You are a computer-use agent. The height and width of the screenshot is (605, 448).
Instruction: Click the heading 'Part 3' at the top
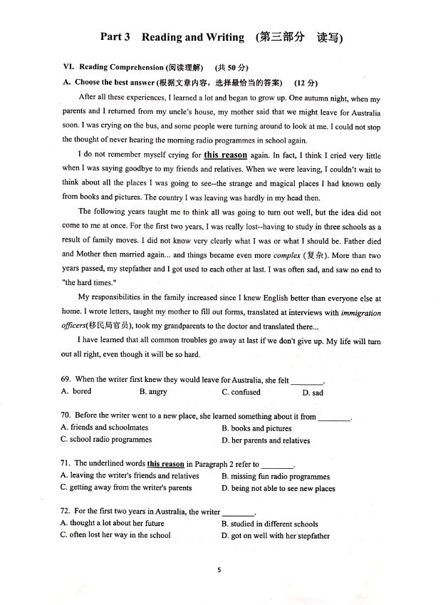coord(115,38)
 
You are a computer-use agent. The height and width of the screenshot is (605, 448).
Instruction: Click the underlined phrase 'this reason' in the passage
coord(225,155)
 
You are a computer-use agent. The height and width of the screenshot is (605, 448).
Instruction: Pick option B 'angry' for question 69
coord(152,392)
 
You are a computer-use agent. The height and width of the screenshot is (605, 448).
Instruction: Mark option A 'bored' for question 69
coord(76,391)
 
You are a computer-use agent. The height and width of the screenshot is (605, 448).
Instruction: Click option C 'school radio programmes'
coord(106,440)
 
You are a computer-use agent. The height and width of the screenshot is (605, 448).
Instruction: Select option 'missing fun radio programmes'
coord(275,477)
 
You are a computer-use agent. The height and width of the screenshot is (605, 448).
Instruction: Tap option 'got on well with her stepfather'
coord(275,536)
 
